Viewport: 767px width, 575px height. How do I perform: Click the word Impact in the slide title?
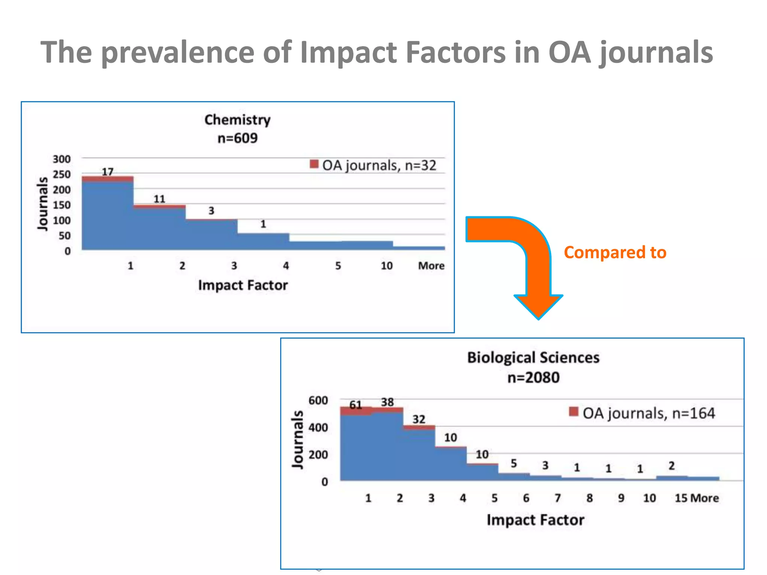tap(348, 52)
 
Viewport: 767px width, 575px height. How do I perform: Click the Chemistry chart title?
tap(237, 120)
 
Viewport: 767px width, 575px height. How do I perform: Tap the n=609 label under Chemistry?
tap(237, 138)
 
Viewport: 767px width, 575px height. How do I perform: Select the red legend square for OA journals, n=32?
tap(314, 164)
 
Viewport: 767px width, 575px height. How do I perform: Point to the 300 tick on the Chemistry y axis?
tap(61, 159)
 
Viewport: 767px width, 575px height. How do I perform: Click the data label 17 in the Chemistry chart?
tap(107, 171)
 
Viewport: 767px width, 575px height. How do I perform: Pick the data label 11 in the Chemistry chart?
tap(159, 199)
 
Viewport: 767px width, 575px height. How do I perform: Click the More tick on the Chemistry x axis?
tap(431, 266)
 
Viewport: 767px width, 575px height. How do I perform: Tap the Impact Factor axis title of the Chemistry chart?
tap(243, 285)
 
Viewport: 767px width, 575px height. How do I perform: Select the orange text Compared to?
tap(615, 252)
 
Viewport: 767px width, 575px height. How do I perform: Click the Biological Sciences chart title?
tap(533, 358)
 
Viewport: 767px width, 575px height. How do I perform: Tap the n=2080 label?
tap(533, 377)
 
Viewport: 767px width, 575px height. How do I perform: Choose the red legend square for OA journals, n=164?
tap(573, 411)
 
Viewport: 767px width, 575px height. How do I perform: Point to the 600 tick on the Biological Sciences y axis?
tap(318, 401)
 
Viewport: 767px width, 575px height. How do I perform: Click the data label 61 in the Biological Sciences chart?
tap(355, 405)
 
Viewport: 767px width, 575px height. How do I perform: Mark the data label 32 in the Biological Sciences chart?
tap(419, 419)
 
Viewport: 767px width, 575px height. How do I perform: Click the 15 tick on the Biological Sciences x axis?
tap(681, 498)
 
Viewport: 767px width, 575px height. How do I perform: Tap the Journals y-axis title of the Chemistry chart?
tap(43, 204)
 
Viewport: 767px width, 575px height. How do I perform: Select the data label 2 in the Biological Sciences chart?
tap(671, 466)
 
